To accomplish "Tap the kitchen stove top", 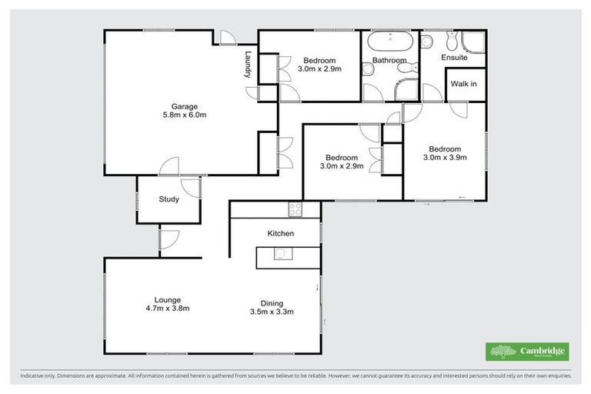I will (295, 209).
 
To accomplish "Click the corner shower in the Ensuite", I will (472, 42).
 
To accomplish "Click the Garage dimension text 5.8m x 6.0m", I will (185, 115).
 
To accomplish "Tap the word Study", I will (169, 199).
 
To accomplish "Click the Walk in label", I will (463, 84).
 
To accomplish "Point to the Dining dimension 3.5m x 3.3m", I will (272, 312).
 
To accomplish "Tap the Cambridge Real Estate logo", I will (528, 351).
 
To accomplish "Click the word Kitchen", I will (281, 233).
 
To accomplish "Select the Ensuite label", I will (453, 58).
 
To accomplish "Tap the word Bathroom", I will (389, 60).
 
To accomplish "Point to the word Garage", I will (185, 106).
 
